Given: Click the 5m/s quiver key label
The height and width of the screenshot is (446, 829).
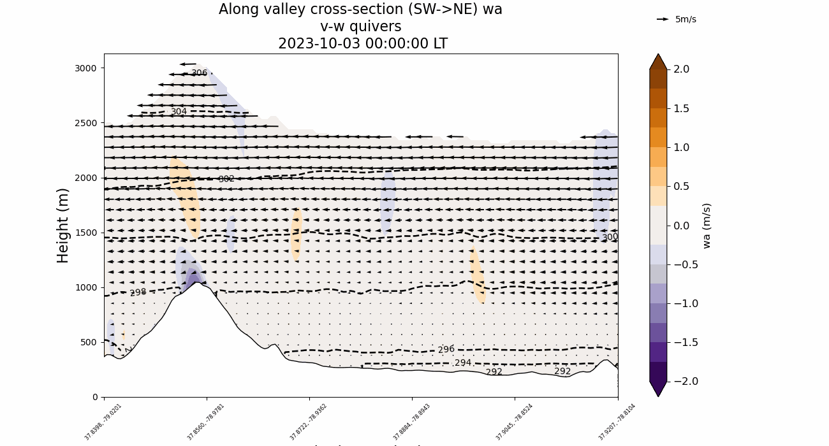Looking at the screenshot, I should pyautogui.click(x=686, y=19).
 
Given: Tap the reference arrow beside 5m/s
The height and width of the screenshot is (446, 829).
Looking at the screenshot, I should pyautogui.click(x=663, y=19).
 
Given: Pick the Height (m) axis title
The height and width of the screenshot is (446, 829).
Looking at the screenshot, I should pyautogui.click(x=63, y=225).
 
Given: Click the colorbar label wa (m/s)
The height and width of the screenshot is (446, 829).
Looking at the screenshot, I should pyautogui.click(x=707, y=226).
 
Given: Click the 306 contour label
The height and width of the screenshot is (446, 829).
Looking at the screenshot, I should pyautogui.click(x=199, y=73).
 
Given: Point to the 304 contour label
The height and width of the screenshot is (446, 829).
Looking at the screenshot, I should pyautogui.click(x=179, y=112).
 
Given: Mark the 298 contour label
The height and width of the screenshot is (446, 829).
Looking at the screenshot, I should pyautogui.click(x=138, y=293).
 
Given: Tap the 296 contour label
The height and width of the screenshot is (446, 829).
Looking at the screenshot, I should pyautogui.click(x=446, y=350).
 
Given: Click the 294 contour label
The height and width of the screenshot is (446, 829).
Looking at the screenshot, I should pyautogui.click(x=463, y=363).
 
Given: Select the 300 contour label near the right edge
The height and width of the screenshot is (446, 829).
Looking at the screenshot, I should pyautogui.click(x=610, y=237).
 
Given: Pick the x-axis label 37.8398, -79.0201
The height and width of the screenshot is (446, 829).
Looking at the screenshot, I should pyautogui.click(x=103, y=422).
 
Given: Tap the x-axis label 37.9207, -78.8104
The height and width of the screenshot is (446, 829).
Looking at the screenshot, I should pyautogui.click(x=617, y=422).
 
